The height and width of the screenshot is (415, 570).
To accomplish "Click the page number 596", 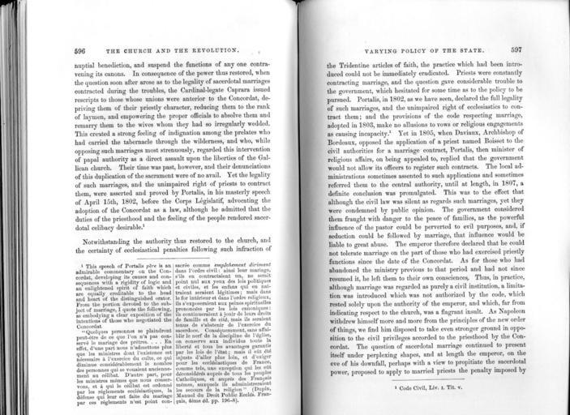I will [79, 50].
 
